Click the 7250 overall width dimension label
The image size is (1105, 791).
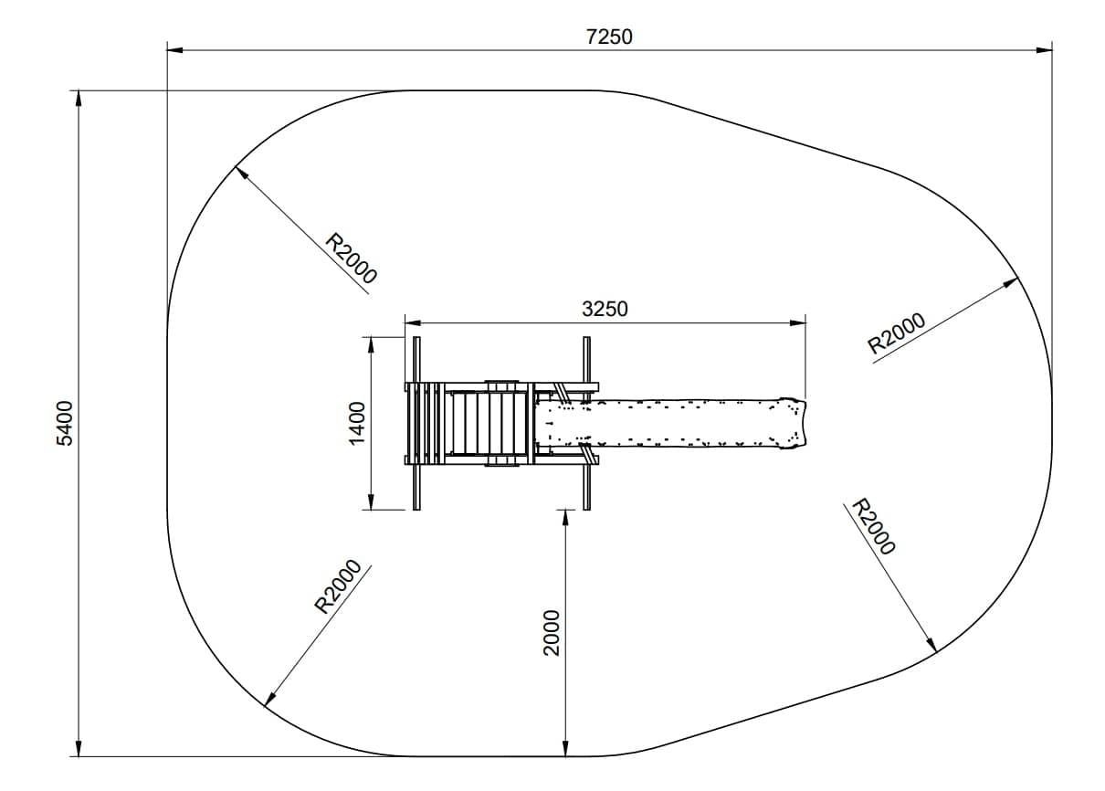click(609, 37)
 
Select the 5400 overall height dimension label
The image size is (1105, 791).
click(65, 424)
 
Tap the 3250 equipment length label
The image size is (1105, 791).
click(605, 309)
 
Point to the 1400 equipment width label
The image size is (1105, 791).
click(357, 424)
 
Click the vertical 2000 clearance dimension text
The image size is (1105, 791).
click(552, 633)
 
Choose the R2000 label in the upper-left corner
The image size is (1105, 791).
click(351, 258)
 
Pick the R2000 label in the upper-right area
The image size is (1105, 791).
click(896, 332)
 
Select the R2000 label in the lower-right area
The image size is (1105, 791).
click(874, 526)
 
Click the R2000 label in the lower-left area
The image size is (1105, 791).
click(338, 586)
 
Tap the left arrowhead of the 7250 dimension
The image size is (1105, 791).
click(174, 50)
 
